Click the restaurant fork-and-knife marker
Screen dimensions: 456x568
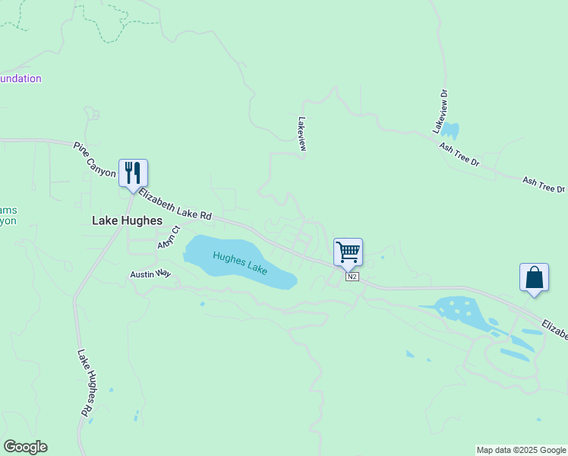pyautogui.click(x=133, y=173)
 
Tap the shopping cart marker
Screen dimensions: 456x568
pyautogui.click(x=348, y=251)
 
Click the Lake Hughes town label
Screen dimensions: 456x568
pyautogui.click(x=127, y=220)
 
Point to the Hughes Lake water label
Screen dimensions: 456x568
pyautogui.click(x=240, y=263)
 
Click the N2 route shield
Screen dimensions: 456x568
pyautogui.click(x=352, y=276)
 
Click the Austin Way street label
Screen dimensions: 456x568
pyautogui.click(x=150, y=274)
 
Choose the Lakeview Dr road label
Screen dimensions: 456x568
pyautogui.click(x=441, y=112)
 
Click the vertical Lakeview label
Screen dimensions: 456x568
pyautogui.click(x=302, y=134)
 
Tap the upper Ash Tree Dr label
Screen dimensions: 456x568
pyautogui.click(x=460, y=153)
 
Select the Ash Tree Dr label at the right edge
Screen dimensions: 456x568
pyautogui.click(x=544, y=185)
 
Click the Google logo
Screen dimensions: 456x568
pyautogui.click(x=25, y=447)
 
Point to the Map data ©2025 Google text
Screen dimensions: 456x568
pyautogui.click(x=521, y=450)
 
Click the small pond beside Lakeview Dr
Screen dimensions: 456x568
pyautogui.click(x=451, y=130)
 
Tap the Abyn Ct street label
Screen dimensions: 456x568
pyautogui.click(x=168, y=236)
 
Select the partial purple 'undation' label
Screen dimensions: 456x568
pyautogui.click(x=21, y=78)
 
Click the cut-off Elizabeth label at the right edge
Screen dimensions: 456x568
pyautogui.click(x=554, y=329)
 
